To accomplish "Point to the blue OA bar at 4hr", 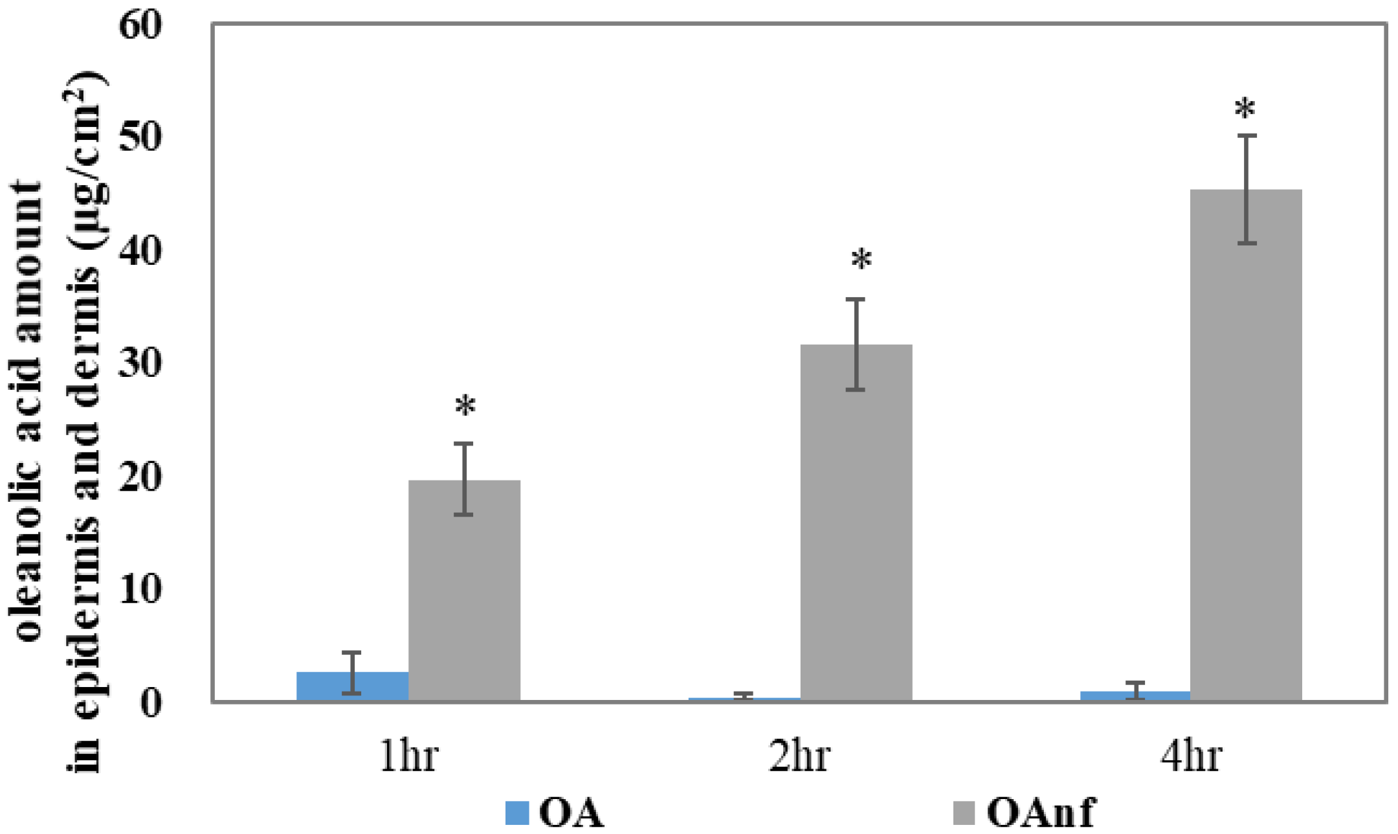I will [1135, 695].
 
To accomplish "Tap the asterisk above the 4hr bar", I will [1245, 109].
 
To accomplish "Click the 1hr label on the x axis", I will [408, 756].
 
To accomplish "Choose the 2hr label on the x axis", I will [799, 756].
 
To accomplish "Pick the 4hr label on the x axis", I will [1190, 756].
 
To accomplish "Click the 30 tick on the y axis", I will [140, 364].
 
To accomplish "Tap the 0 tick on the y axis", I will [150, 703].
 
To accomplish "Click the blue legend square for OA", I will [517, 813].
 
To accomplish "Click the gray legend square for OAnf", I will [964, 813].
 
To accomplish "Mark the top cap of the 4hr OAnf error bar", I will [1247, 136].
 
